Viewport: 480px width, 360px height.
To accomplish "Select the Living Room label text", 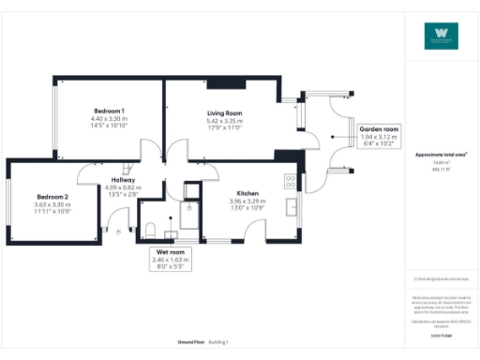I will click(x=225, y=112).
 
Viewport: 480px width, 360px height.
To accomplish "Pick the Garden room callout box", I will click(x=379, y=137).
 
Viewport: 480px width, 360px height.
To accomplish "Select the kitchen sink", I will click(x=292, y=206).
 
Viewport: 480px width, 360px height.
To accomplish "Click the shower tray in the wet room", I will click(x=191, y=192).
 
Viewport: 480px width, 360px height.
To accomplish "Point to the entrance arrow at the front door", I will click(x=118, y=232).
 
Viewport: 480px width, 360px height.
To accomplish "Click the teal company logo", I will click(x=442, y=37).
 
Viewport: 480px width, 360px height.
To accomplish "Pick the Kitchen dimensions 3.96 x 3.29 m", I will click(x=247, y=201).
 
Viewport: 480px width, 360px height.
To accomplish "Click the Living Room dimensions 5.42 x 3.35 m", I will click(x=225, y=121).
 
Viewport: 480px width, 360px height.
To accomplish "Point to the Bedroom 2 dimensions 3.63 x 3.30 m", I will click(x=52, y=204).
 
